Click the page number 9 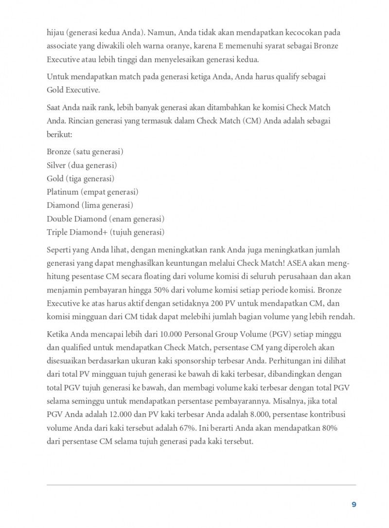click(x=354, y=504)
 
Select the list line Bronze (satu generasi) click(x=85, y=151)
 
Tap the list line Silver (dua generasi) click(x=82, y=165)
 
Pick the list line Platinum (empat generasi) click(x=92, y=192)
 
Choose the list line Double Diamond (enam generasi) click(x=106, y=218)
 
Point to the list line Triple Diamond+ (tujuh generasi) click(x=106, y=232)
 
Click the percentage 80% click(x=329, y=429)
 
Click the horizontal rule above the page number click(x=201, y=485)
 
